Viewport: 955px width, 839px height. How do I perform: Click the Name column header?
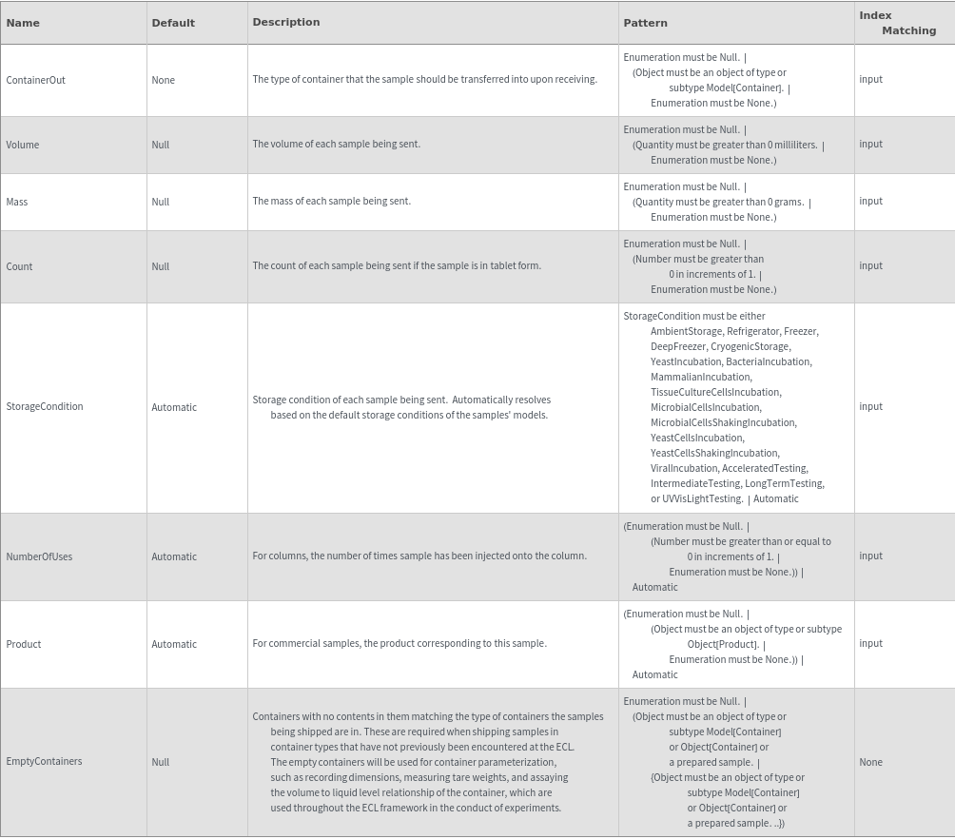tap(23, 23)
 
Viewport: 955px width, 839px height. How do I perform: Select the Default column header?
tap(173, 23)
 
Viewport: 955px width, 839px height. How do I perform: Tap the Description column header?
tap(286, 22)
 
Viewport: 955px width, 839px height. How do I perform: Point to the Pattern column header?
tap(645, 23)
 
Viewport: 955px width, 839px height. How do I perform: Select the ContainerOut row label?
tap(36, 80)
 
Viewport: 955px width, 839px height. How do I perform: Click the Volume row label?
tap(23, 145)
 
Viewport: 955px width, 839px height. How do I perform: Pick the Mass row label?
tap(17, 202)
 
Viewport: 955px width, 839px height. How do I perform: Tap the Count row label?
tap(19, 266)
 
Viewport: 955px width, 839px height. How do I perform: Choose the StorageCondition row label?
tap(45, 406)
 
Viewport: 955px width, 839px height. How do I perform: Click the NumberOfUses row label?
tap(39, 556)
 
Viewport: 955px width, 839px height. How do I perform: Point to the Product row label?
tap(24, 644)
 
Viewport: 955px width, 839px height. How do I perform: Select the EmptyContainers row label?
tap(44, 761)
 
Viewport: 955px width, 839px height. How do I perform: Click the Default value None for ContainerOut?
tap(163, 80)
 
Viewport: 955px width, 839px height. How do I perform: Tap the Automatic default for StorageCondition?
tap(174, 407)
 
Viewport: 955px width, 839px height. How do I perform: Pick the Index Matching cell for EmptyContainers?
tap(870, 762)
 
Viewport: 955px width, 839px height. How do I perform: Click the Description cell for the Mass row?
tap(332, 201)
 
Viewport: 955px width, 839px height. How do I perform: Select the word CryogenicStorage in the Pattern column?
tap(750, 346)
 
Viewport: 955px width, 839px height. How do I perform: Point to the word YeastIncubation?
tap(686, 361)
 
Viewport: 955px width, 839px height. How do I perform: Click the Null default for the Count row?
tap(160, 266)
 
